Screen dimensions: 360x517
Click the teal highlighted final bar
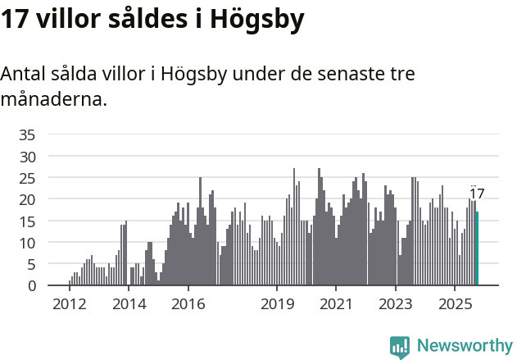coord(477,248)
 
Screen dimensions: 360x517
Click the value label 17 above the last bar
coord(477,194)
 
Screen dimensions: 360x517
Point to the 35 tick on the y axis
coord(27,134)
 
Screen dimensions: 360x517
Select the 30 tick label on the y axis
coord(27,156)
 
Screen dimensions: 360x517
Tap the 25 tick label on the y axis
coord(27,178)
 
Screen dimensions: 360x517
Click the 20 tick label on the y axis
coord(27,199)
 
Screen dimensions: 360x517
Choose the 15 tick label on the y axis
coord(27,221)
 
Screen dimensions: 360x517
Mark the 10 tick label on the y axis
coord(27,243)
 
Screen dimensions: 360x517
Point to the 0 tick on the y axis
coord(31,285)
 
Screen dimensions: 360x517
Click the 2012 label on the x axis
coord(69,304)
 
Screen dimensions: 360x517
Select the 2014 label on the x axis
coord(129,304)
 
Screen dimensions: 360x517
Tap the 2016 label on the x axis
coord(188,304)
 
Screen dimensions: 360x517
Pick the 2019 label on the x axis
coord(278,304)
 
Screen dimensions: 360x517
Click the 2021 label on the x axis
coord(337,304)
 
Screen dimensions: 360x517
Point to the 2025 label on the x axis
coord(456,304)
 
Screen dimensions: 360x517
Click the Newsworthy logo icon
coord(400,346)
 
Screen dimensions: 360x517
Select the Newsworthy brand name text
coord(464,346)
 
